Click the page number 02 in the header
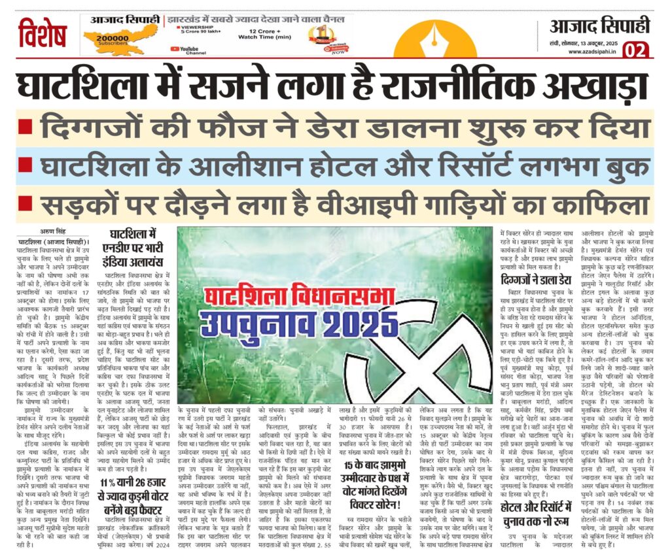tap(637, 50)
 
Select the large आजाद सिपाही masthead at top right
tap(599, 27)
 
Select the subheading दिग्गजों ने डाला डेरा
tap(534, 282)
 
